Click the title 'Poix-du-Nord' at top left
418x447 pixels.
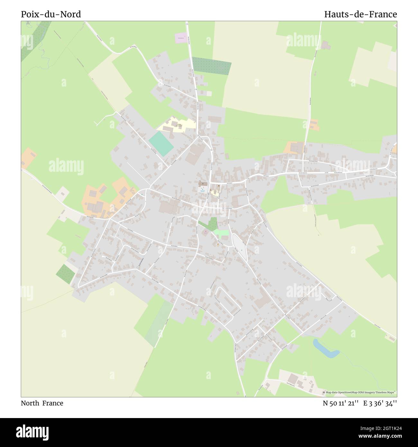tap(51, 14)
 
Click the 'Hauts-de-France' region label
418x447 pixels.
tap(360, 14)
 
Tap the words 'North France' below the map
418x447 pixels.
tap(42, 403)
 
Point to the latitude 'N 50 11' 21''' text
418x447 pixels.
tap(341, 403)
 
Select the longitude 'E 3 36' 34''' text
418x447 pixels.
tap(380, 403)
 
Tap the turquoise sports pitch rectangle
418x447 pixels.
tap(161, 144)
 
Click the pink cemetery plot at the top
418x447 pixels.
tap(181, 38)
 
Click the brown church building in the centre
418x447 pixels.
tap(203, 184)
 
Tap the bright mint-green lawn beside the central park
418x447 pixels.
tap(222, 233)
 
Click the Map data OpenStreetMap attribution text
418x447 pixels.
tap(360, 392)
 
